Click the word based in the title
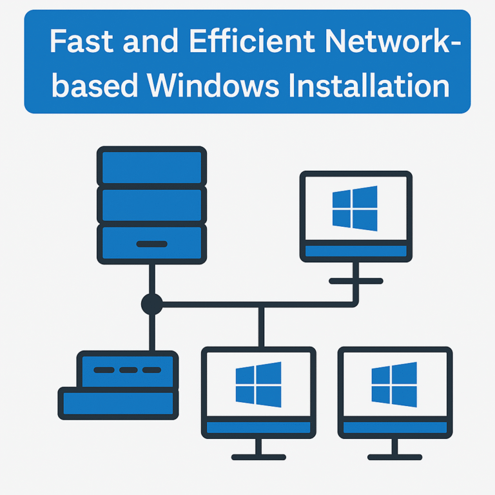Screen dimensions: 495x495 pyautogui.click(x=92, y=85)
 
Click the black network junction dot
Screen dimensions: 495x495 pyautogui.click(x=151, y=304)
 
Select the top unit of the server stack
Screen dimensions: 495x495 pyautogui.click(x=151, y=166)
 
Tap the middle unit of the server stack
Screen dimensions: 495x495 pyautogui.click(x=151, y=204)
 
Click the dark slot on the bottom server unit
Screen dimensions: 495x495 pyautogui.click(x=151, y=244)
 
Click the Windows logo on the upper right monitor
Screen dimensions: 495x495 pyautogui.click(x=355, y=208)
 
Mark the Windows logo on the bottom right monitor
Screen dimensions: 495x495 pyautogui.click(x=394, y=384)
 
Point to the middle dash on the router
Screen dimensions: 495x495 pyautogui.click(x=128, y=370)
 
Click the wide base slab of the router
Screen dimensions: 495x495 pyautogui.click(x=117, y=403)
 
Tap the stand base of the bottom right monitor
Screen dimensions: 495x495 pyautogui.click(x=394, y=457)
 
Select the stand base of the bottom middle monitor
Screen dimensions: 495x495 pyautogui.click(x=258, y=457)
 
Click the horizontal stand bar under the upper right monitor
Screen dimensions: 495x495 pyautogui.click(x=356, y=281)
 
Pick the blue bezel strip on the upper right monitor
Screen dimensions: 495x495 pyautogui.click(x=356, y=251)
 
